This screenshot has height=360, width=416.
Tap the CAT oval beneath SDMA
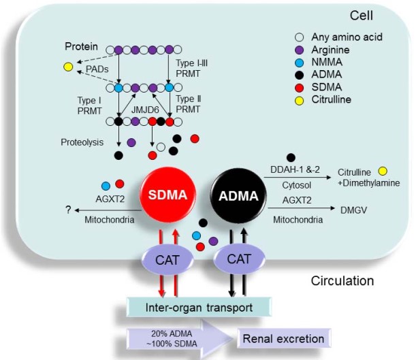167,260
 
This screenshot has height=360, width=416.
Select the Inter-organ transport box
199,307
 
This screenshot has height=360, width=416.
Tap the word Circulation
343,281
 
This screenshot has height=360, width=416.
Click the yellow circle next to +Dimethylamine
382,171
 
